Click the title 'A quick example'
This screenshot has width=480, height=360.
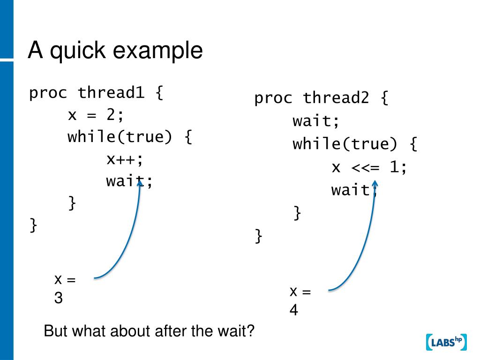pyautogui.click(x=115, y=51)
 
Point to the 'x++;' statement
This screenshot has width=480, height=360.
pyautogui.click(x=124, y=159)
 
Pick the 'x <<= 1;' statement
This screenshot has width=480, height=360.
pyautogui.click(x=369, y=167)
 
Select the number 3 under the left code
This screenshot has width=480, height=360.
pyautogui.click(x=59, y=298)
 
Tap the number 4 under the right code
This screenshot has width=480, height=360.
pyautogui.click(x=293, y=310)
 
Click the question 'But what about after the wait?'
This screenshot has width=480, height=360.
pyautogui.click(x=149, y=331)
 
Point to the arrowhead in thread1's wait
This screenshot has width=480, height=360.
pyautogui.click(x=140, y=183)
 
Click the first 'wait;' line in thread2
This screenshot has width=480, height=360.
pyautogui.click(x=316, y=121)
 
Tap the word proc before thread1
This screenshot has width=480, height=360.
pyautogui.click(x=49, y=93)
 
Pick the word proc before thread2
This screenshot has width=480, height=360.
pyautogui.click(x=274, y=98)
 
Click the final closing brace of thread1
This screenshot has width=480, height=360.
pyautogui.click(x=33, y=225)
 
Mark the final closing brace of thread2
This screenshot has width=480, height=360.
pyautogui.click(x=258, y=236)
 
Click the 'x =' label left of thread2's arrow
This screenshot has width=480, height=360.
pyautogui.click(x=300, y=292)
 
